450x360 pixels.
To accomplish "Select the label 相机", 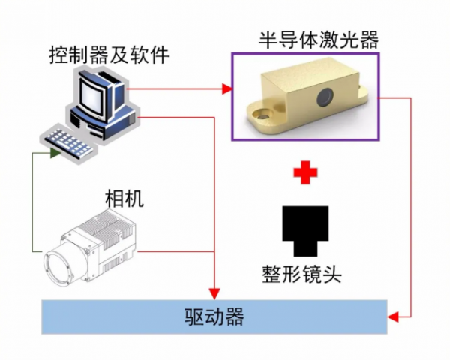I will coord(124,199).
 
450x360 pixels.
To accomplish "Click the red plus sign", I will coord(305,172).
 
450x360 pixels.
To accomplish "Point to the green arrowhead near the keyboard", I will coord(55,154).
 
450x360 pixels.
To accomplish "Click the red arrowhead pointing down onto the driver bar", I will coord(216,292).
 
